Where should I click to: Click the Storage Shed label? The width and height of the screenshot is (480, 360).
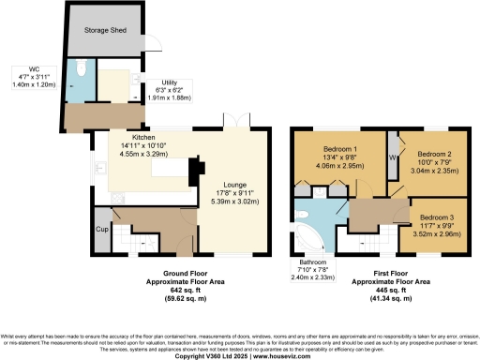[x=103, y=30]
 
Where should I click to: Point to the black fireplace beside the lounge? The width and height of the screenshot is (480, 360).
[x=194, y=171]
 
